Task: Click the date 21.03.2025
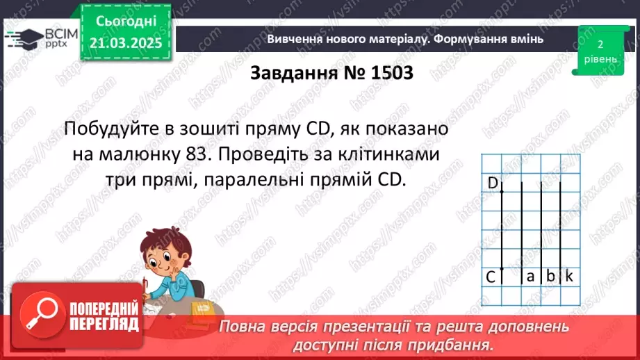click(x=126, y=43)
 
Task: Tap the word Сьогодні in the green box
click(x=126, y=22)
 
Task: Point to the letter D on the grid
click(x=493, y=183)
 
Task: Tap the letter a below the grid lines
click(x=530, y=277)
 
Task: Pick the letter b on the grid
click(x=550, y=277)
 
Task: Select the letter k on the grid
click(x=568, y=277)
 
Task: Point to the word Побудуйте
click(x=114, y=129)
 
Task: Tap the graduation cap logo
click(x=24, y=37)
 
